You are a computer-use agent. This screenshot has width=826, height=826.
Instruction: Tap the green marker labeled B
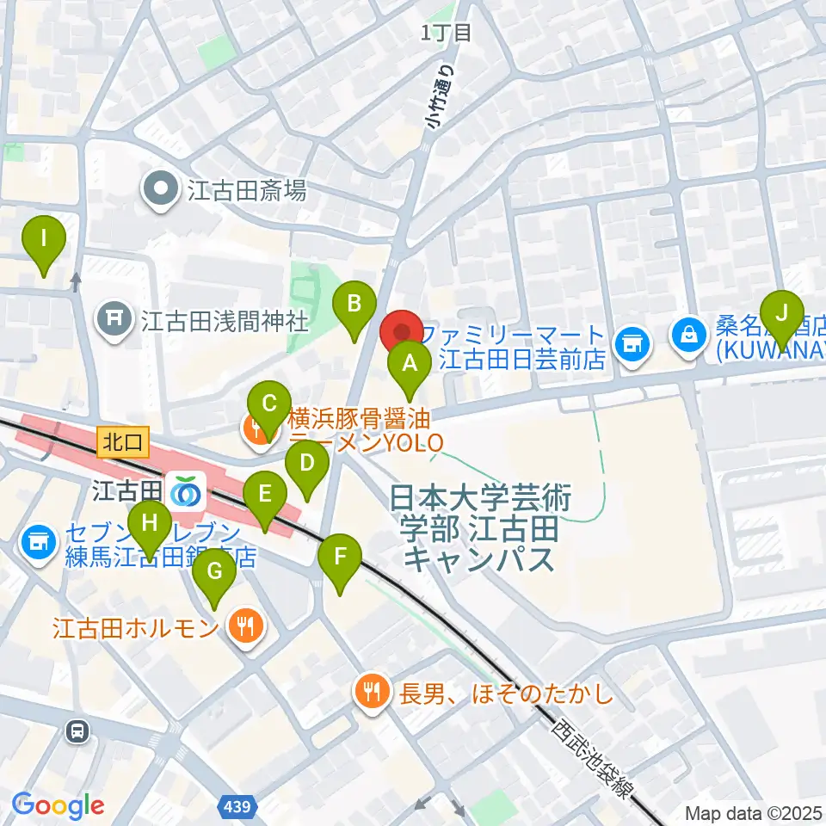tap(354, 304)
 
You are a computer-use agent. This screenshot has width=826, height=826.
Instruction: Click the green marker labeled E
tap(264, 495)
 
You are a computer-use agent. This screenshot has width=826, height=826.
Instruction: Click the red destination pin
tap(402, 331)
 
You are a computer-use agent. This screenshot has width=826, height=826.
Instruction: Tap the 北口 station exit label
tap(124, 442)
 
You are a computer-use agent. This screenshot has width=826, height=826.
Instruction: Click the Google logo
tap(58, 805)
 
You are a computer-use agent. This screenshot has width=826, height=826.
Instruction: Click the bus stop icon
tap(78, 731)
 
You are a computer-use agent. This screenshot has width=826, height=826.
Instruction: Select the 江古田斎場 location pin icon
tap(161, 190)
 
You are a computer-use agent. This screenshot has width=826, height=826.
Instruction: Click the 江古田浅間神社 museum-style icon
tap(114, 321)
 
